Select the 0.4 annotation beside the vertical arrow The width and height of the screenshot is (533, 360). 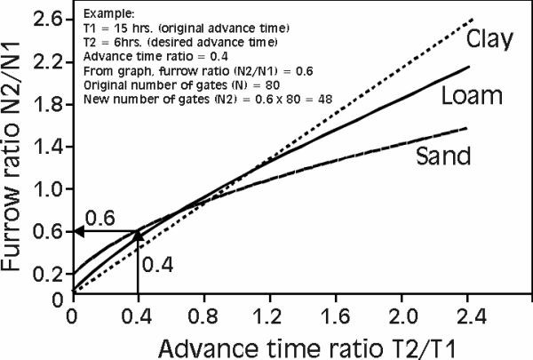(x=156, y=264)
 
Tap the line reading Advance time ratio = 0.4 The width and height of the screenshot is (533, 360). (x=134, y=56)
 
